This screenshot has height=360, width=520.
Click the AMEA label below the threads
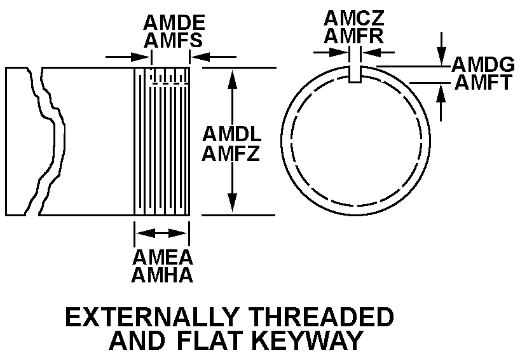coord(162,258)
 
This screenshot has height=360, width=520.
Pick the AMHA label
coord(162,275)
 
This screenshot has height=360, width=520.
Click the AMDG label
coord(483,64)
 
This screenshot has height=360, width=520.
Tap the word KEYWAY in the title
coord(308,340)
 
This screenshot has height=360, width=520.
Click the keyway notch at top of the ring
coord(356,73)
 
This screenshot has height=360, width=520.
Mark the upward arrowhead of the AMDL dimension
coord(233,78)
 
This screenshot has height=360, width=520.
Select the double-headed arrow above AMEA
coord(162,234)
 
